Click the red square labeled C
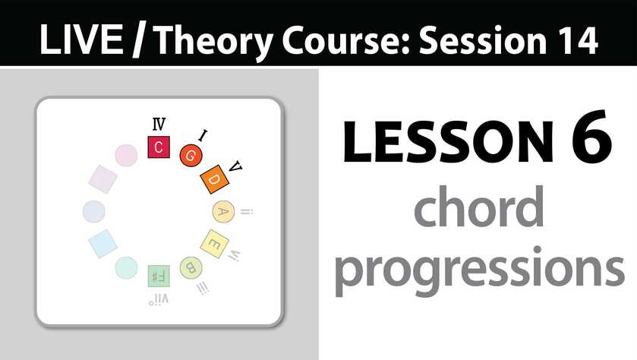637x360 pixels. click(x=159, y=147)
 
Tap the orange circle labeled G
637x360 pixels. click(x=191, y=156)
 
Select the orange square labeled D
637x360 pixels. click(x=215, y=179)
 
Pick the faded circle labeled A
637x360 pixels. click(x=223, y=211)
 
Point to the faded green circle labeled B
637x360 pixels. click(x=191, y=268)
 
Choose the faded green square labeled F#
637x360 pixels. click(x=159, y=276)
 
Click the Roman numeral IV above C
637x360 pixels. click(x=159, y=124)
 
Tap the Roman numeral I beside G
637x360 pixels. click(x=203, y=135)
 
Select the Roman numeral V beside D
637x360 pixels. click(x=235, y=166)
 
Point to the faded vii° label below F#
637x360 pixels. click(x=159, y=300)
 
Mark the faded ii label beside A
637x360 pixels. click(x=247, y=212)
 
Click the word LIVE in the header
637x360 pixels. click(x=81, y=39)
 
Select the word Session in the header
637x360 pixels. click(x=483, y=39)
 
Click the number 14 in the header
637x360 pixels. click(x=579, y=40)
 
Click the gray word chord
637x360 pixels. click(x=479, y=206)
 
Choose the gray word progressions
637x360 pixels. click(x=479, y=270)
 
